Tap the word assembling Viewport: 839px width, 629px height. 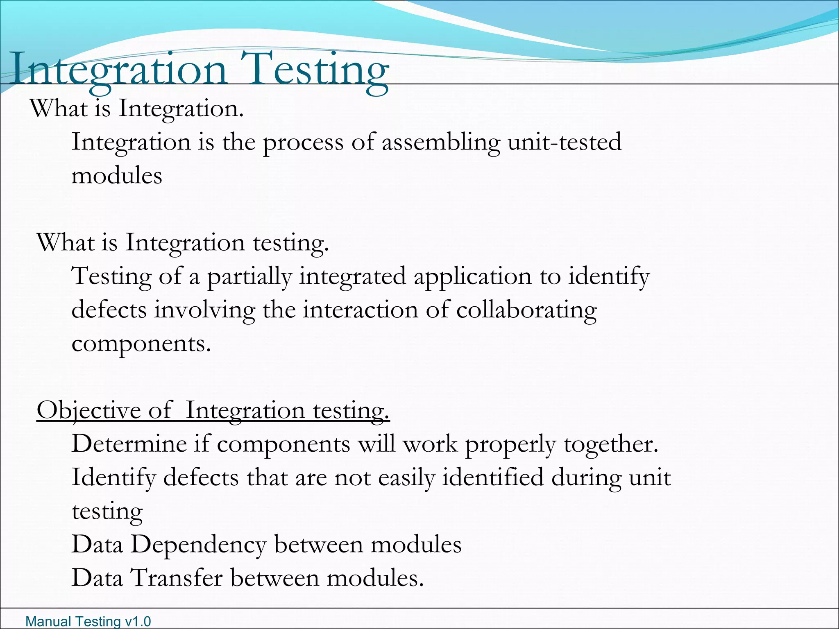point(441,142)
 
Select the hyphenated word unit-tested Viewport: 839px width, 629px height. point(565,142)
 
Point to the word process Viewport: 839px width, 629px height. point(303,143)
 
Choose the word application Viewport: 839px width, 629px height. point(472,276)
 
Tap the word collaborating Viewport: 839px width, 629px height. point(526,310)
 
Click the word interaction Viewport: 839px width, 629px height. point(360,310)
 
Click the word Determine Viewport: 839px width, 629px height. point(129,444)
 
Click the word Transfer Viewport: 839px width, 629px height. point(177,578)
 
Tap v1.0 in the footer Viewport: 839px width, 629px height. point(138,622)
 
